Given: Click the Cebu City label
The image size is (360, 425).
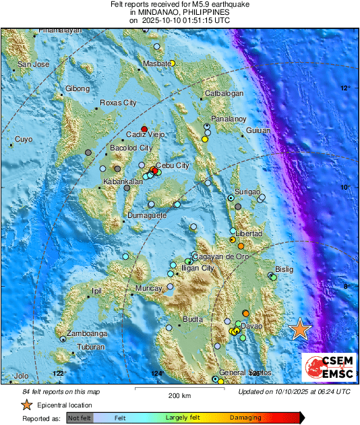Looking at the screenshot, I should tap(173, 165).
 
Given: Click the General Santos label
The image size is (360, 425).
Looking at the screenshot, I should tap(240, 373).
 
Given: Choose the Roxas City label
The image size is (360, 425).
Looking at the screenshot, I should tap(118, 103).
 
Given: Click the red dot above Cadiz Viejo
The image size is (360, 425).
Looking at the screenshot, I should tap(144, 129).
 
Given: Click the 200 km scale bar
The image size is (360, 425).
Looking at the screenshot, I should tap(179, 390).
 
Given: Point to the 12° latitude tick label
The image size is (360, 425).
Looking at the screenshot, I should tap(344, 88).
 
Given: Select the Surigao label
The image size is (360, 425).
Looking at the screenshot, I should tap(247, 192).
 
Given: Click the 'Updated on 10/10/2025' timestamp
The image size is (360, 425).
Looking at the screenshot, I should tap(294, 391).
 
